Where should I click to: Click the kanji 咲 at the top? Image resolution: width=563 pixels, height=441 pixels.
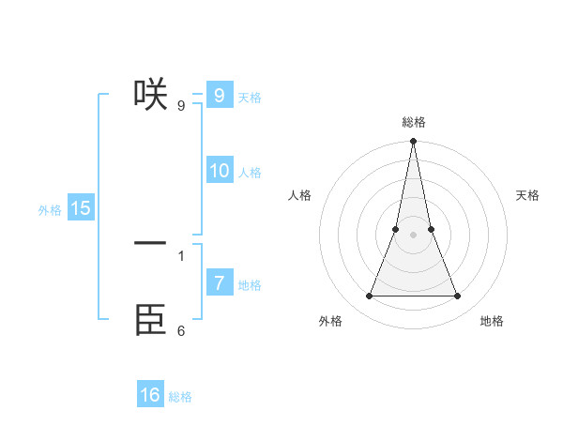[151, 95]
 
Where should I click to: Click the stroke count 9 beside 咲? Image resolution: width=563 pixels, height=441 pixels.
[181, 105]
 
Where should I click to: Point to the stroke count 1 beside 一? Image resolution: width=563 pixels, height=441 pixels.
[181, 255]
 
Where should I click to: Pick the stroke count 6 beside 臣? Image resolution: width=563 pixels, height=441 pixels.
[181, 330]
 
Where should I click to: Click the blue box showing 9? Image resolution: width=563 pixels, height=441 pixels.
[219, 96]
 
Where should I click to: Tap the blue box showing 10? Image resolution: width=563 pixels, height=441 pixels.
[219, 171]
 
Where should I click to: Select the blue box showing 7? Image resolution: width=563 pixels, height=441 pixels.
[219, 283]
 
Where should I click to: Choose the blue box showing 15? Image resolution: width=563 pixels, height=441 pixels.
[81, 208]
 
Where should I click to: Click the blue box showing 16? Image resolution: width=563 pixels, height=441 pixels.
[150, 395]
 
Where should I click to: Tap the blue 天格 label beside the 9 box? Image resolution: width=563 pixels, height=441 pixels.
[250, 98]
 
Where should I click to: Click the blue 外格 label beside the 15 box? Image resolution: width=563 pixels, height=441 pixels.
[50, 210]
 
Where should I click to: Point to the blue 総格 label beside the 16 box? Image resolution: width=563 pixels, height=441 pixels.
[180, 397]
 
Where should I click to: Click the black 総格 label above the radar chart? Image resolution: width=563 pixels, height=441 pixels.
[414, 122]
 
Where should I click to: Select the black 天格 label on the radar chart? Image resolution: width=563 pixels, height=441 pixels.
[528, 195]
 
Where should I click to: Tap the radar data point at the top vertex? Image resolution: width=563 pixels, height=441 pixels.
[414, 141]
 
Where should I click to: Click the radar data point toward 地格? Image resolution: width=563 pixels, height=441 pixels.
[458, 297]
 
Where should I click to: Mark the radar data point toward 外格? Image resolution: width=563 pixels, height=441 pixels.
[370, 297]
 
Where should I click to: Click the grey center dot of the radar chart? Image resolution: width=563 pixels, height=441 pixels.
[414, 235]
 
